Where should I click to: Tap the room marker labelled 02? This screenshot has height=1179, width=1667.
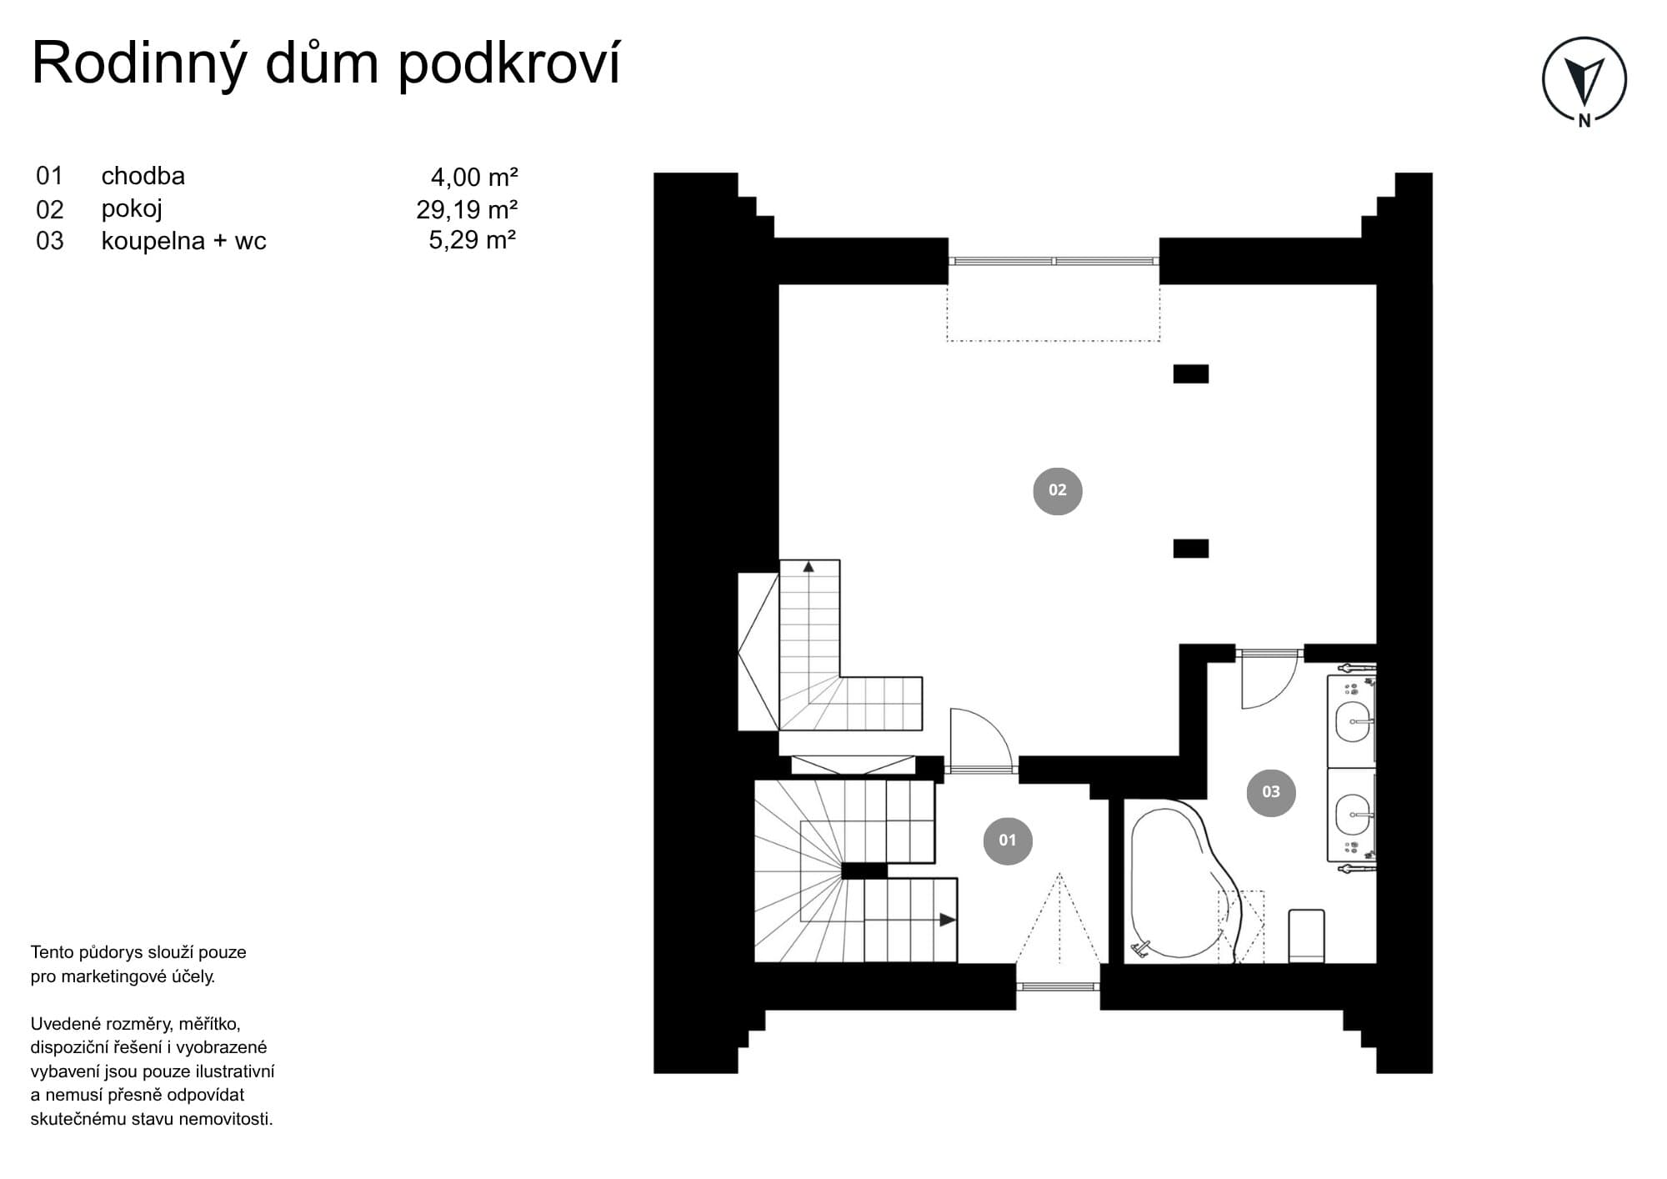1057,490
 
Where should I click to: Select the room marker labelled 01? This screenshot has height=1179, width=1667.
1008,840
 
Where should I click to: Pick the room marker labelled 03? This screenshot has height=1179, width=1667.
1270,792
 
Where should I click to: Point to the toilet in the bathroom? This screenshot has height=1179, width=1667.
1306,936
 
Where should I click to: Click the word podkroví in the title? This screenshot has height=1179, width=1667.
509,63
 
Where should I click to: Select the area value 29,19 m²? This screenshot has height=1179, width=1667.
467,209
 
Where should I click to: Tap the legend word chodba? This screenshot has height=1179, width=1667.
143,176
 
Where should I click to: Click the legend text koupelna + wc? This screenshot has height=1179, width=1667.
183,241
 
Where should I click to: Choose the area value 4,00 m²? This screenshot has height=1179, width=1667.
474,177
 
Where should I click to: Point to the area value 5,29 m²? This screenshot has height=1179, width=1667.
473,240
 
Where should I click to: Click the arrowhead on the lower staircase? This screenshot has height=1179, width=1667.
948,920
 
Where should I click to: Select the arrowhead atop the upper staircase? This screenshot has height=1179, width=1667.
808,567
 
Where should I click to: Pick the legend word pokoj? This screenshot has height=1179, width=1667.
132,209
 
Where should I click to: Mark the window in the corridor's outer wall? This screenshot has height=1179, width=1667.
1058,986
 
